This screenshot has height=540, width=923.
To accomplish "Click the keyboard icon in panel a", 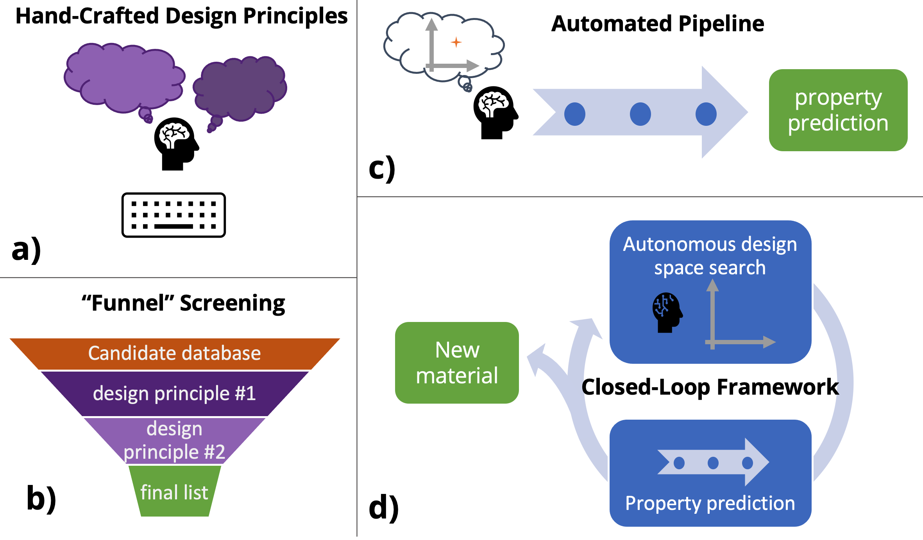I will pyautogui.click(x=174, y=215).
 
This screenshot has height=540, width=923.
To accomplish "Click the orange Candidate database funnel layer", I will pyautogui.click(x=174, y=353).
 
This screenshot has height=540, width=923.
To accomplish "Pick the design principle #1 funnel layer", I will pyautogui.click(x=174, y=393).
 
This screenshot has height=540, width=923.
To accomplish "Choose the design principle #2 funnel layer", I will pyautogui.click(x=174, y=440).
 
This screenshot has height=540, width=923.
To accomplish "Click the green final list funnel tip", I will pyautogui.click(x=174, y=492).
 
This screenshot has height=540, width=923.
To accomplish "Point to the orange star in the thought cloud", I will pyautogui.click(x=456, y=42).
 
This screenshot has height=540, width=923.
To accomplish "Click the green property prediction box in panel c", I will pyautogui.click(x=838, y=110).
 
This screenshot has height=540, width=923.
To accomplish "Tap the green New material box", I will pyautogui.click(x=457, y=363).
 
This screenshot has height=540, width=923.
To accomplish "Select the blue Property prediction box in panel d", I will pyautogui.click(x=710, y=473).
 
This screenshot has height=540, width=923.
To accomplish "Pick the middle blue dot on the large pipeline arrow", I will pyautogui.click(x=640, y=114).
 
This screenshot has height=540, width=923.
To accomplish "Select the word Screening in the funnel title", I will pyautogui.click(x=232, y=303).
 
